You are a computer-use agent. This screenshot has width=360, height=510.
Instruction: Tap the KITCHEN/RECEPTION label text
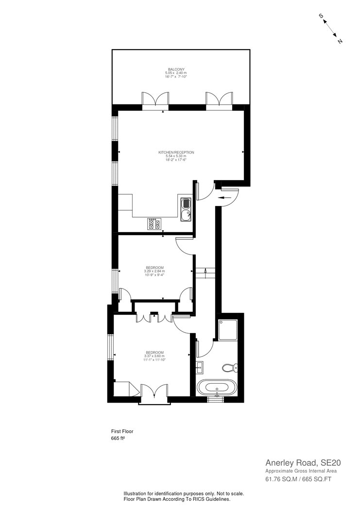click(x=172, y=153)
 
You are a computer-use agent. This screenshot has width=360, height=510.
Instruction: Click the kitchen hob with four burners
click(x=154, y=223)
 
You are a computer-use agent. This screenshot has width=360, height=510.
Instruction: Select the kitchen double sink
click(x=186, y=209)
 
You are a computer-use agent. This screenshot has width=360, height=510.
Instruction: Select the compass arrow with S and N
click(x=331, y=29)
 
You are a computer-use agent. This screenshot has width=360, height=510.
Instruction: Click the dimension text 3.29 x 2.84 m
click(x=154, y=271)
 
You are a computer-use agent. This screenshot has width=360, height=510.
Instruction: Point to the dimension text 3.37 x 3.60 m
click(x=154, y=356)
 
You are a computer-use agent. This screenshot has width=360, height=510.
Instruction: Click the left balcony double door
click(x=155, y=99)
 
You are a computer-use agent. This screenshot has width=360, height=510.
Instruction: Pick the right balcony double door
click(x=219, y=99)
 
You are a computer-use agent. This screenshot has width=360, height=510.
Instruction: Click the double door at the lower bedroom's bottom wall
click(x=154, y=393)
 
